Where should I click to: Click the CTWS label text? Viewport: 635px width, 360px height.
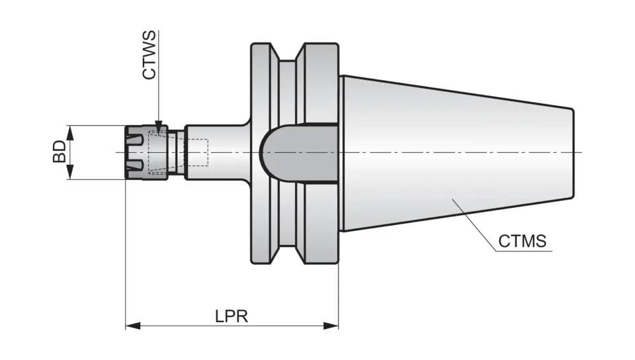[150, 54]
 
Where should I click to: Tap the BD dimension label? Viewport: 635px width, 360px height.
[60, 152]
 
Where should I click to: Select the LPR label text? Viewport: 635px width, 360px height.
[231, 316]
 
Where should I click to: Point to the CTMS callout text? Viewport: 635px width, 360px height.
[522, 241]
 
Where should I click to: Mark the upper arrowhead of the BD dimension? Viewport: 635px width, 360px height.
[70, 130]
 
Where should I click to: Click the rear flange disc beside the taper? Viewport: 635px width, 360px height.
[321, 79]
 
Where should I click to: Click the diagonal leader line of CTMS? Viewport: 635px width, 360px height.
[473, 225]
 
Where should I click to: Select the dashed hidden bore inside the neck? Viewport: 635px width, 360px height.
[199, 152]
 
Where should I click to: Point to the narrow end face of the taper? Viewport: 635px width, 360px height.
[573, 152]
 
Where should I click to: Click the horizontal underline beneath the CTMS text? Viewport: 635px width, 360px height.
[523, 251]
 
